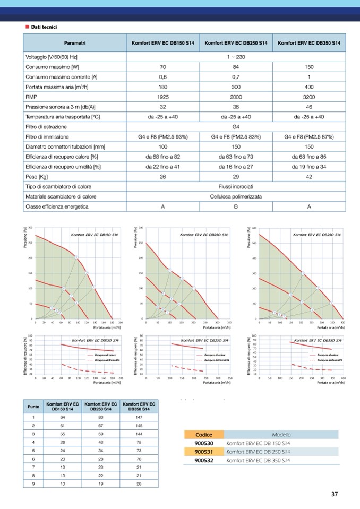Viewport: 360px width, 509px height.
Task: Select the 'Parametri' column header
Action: (75, 42)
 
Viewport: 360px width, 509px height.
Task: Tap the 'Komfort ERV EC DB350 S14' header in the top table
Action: (309, 42)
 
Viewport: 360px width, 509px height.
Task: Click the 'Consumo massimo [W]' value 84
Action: (236, 67)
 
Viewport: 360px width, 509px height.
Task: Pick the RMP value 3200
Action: (309, 97)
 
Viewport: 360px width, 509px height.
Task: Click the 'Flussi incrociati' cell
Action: (236, 187)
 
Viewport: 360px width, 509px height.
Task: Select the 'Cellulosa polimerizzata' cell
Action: (236, 196)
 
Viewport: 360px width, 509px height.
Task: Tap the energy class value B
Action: (236, 206)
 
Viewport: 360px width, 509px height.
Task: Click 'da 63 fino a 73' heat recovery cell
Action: (236, 157)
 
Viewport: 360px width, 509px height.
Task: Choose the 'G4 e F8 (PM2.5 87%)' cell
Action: (309, 137)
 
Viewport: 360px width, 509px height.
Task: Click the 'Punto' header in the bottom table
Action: (33, 407)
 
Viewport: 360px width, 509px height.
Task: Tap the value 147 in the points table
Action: (139, 417)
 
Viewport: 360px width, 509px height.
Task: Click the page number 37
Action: (335, 494)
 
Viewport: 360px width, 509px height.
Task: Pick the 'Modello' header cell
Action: (281, 434)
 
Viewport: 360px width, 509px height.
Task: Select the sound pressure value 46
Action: (309, 107)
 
